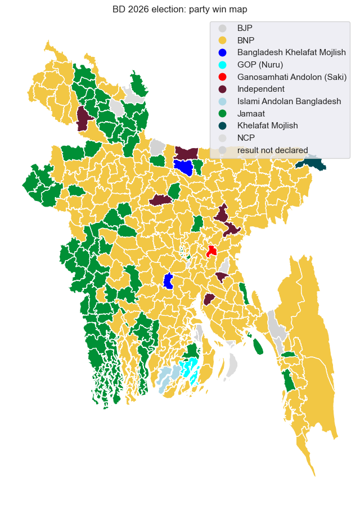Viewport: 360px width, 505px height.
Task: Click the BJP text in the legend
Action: pos(245,28)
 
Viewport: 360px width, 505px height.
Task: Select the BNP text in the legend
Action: pos(246,40)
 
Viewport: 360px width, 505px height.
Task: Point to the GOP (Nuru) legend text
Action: pos(260,64)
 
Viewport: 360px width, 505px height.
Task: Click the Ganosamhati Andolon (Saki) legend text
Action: pos(292,77)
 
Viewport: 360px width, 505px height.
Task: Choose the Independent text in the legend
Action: pos(261,89)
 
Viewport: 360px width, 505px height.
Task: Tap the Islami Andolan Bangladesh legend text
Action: pos(289,101)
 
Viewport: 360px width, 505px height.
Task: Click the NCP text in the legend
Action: pos(246,138)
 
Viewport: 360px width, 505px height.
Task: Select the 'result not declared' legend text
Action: pos(272,150)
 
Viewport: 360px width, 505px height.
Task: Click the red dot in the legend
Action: pos(223,77)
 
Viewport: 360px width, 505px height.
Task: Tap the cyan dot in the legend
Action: pos(223,64)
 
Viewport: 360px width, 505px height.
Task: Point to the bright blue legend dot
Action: pos(223,52)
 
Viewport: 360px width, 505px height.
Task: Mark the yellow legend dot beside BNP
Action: pos(223,40)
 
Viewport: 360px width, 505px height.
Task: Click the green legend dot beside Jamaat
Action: pos(223,113)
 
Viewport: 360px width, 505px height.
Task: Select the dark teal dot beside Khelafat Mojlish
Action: pos(223,126)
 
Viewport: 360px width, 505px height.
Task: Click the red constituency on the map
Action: pos(211,251)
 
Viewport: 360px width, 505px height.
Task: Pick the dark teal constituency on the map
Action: pos(313,164)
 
